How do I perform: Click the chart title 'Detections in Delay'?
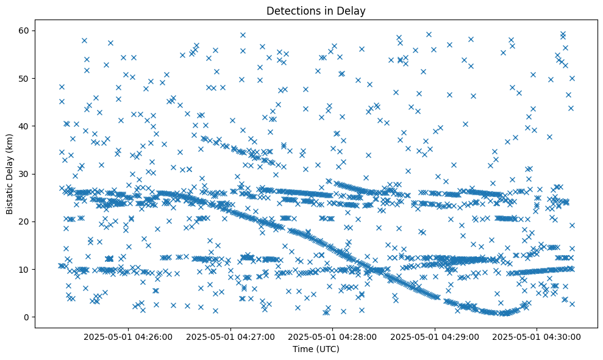(x=316, y=11)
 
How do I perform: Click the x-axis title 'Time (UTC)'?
(x=316, y=350)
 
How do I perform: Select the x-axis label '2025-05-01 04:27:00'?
(x=231, y=336)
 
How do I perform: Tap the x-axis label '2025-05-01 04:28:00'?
(x=333, y=336)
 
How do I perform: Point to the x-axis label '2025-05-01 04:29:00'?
(x=435, y=336)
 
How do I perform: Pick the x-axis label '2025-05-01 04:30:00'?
(x=537, y=336)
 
